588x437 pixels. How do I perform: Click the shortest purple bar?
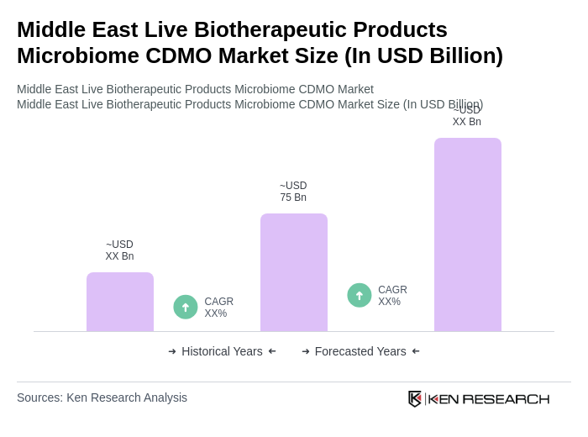point(120,302)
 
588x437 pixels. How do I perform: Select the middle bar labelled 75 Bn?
point(294,272)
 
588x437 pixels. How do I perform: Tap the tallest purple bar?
point(468,234)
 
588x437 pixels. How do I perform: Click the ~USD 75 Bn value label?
point(293,192)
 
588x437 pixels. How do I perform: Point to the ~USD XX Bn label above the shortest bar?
point(119,250)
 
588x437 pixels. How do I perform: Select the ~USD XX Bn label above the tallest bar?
point(467,116)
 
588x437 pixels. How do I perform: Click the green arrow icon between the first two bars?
point(186,307)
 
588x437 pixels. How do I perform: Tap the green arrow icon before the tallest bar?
point(360,295)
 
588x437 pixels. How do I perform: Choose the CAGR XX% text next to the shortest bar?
point(218,308)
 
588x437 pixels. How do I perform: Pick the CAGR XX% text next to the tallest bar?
point(392,296)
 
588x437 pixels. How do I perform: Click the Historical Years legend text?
point(222,351)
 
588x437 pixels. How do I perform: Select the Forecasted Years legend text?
point(360,351)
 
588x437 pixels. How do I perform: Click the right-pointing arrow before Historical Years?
point(172,351)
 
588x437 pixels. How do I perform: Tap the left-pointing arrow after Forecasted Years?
point(416,351)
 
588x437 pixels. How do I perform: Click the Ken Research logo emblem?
point(415,398)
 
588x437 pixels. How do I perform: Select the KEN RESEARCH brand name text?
point(489,399)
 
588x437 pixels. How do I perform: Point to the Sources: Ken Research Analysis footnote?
point(102,398)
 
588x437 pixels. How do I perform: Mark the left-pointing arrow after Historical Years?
point(272,351)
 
